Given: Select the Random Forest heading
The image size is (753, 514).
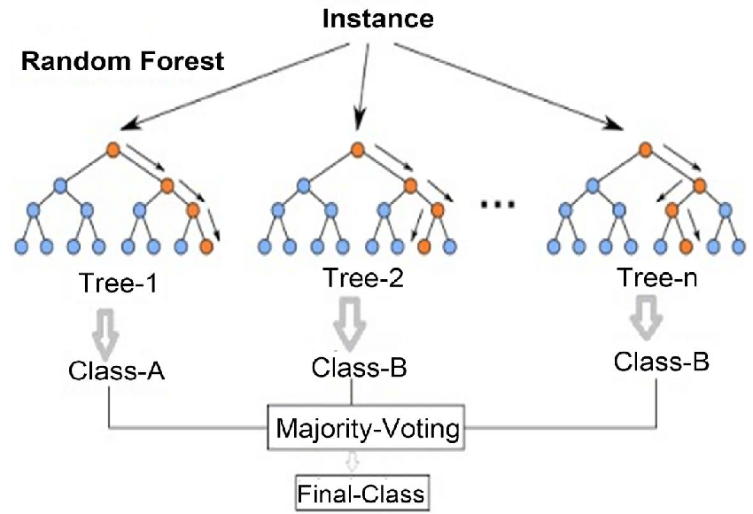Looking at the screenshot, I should tap(123, 62).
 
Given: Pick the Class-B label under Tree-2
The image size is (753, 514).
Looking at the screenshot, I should tap(359, 368).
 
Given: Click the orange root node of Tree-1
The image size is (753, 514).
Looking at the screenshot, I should tap(113, 149).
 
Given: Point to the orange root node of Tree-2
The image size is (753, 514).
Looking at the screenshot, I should tap(357, 149).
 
